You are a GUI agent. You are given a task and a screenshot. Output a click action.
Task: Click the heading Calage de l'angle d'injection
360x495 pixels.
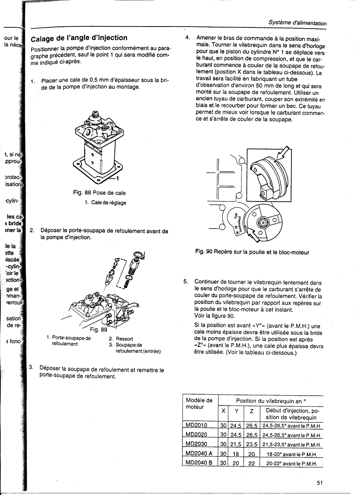(80, 38)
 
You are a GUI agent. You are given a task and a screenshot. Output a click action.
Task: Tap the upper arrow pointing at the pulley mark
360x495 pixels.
(284, 152)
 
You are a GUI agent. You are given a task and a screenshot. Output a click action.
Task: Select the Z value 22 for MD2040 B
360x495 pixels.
(251, 464)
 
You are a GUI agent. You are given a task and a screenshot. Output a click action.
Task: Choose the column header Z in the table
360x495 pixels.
(251, 411)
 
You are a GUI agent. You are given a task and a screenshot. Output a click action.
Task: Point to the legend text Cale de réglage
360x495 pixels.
(105, 203)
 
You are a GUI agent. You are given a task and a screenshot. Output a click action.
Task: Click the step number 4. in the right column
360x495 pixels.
(188, 38)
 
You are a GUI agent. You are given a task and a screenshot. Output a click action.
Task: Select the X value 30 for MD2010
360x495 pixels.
(223, 426)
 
